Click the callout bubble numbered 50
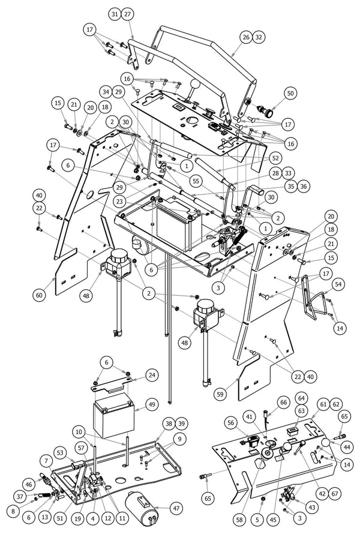[290, 94]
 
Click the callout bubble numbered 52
[275, 157]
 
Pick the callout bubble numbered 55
[196, 179]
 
